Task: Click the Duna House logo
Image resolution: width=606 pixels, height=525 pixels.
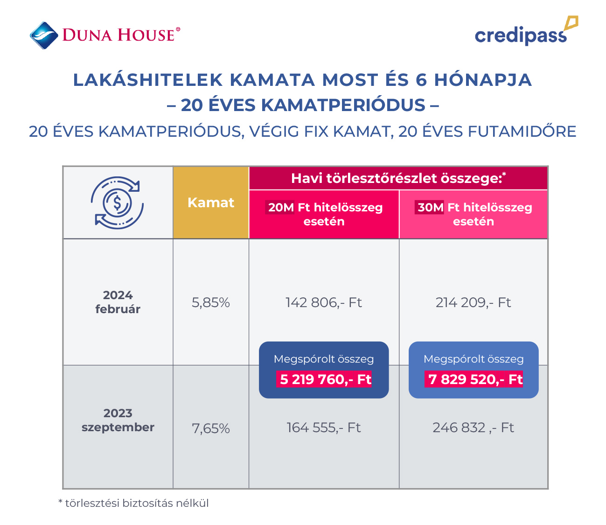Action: (x=104, y=35)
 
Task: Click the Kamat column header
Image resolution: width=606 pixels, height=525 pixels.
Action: (x=211, y=203)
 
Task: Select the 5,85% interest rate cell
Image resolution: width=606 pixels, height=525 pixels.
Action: (x=211, y=303)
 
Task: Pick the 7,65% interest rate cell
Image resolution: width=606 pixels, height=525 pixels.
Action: (x=211, y=428)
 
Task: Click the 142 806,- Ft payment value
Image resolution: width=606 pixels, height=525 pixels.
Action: (x=324, y=303)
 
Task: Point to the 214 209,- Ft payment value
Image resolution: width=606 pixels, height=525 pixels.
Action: (x=473, y=303)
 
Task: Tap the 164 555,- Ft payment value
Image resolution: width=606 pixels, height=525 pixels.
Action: (x=324, y=427)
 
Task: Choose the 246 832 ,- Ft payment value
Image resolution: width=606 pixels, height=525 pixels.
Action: (x=473, y=427)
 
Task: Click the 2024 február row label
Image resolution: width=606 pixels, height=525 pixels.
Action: (x=118, y=302)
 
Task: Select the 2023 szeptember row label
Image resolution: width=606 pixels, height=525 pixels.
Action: (x=118, y=420)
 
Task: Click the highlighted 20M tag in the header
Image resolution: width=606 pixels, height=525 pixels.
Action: (x=281, y=208)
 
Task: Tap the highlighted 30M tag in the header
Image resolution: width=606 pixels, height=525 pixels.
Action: (x=430, y=208)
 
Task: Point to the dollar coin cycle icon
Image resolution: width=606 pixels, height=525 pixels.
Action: (x=118, y=203)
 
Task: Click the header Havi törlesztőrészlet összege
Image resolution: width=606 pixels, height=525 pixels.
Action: (x=398, y=178)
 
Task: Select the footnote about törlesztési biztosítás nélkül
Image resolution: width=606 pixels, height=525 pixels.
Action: (x=133, y=503)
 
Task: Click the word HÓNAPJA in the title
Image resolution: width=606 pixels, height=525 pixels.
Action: (x=483, y=80)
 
